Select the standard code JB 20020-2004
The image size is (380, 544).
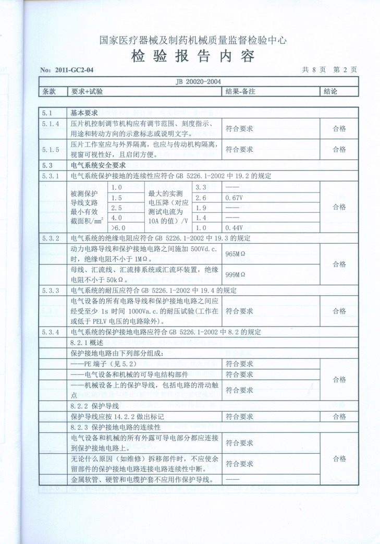tap(200, 81)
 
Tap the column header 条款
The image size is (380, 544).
tap(49, 91)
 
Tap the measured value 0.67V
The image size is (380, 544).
tap(232, 198)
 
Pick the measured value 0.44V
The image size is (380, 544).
tap(232, 228)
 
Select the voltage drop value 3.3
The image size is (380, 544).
tap(201, 187)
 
